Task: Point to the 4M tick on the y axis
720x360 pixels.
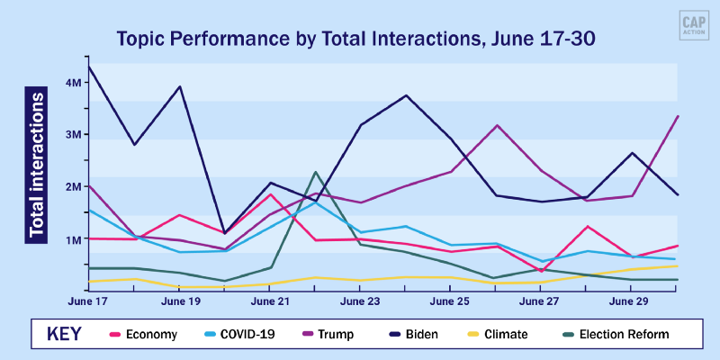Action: click(x=75, y=82)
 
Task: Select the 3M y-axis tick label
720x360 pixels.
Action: click(x=75, y=134)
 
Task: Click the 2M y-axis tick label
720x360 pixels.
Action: click(x=75, y=187)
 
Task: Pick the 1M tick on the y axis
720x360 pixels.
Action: click(x=75, y=239)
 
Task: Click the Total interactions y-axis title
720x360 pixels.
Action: click(x=37, y=164)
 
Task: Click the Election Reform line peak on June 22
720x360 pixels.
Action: click(x=316, y=172)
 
